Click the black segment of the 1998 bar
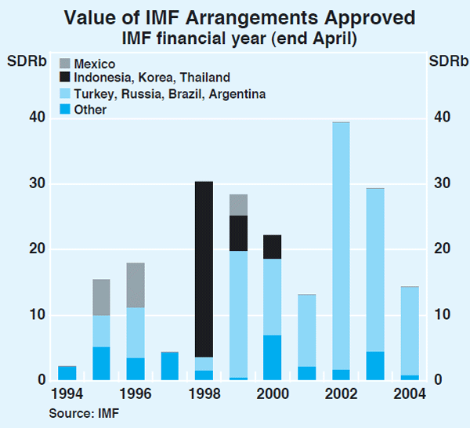[204, 269]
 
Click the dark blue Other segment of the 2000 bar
[272, 357]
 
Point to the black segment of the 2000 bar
[272, 247]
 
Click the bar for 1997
[170, 366]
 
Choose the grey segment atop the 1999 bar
[238, 205]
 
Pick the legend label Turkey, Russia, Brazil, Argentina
[168, 94]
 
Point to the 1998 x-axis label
[204, 394]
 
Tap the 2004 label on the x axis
[408, 394]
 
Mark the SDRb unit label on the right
[443, 60]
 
